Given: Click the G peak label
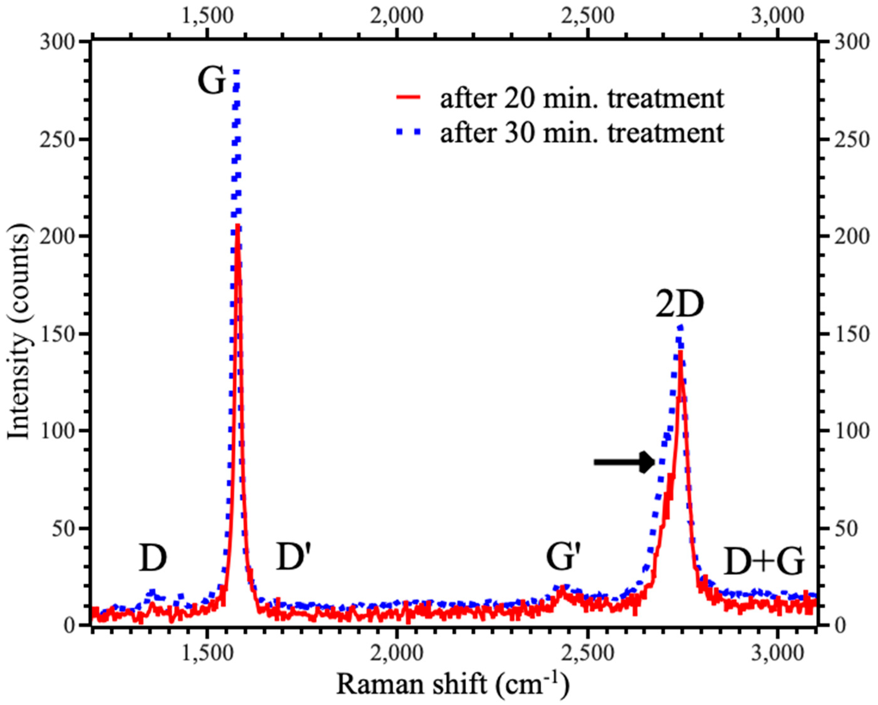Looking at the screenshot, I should pos(211,82).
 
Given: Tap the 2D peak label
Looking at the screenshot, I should pos(679,305).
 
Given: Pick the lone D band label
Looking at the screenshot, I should pos(153,558).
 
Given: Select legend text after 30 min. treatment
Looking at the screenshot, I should pos(582,132).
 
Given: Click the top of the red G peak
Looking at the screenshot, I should pos(237,226).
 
